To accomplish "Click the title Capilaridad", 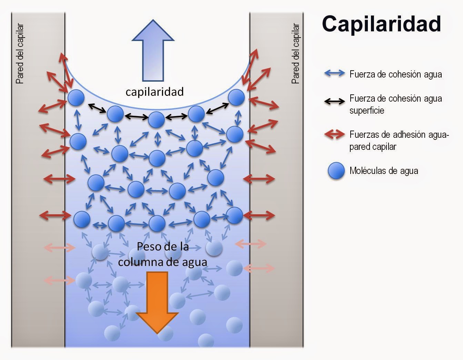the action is [x=381, y=24].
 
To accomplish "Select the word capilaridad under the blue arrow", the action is [x=154, y=92].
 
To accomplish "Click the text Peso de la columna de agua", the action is [x=163, y=254].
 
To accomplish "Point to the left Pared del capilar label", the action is [x=20, y=54].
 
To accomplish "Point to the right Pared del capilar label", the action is [x=295, y=54].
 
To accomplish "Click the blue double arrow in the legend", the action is [x=334, y=73].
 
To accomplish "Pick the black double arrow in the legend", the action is [x=334, y=101].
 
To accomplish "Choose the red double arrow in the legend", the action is [x=334, y=135].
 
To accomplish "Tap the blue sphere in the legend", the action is [x=336, y=171].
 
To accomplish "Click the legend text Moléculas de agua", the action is [x=384, y=171].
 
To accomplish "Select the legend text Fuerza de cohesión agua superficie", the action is [x=395, y=104].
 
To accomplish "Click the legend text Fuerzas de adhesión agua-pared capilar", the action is [x=399, y=141].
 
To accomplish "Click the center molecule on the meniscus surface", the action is [x=157, y=120].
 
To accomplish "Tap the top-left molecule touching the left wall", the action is [x=76, y=98].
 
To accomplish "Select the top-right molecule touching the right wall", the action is [x=236, y=97].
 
